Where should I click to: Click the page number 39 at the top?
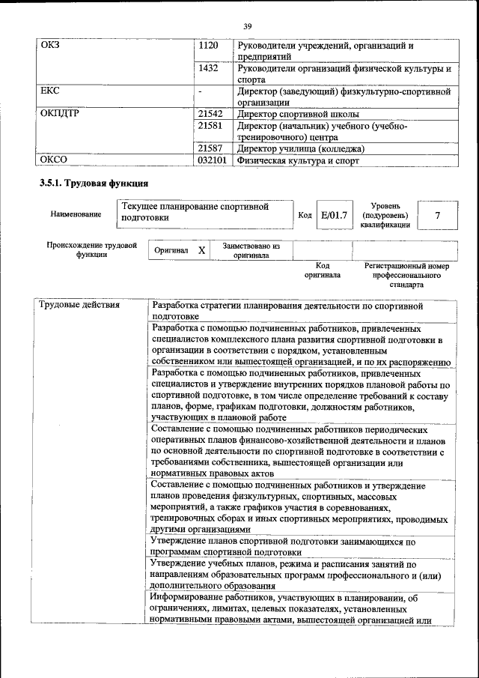[x=247, y=28]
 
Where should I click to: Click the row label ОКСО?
[x=53, y=160]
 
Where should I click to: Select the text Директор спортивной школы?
[x=298, y=115]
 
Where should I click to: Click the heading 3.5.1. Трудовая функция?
[x=94, y=183]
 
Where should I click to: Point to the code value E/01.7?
[x=334, y=216]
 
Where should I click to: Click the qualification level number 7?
[x=437, y=216]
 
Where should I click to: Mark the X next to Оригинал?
[x=201, y=250]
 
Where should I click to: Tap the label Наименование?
[x=76, y=215]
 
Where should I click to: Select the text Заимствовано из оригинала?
[x=251, y=250]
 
